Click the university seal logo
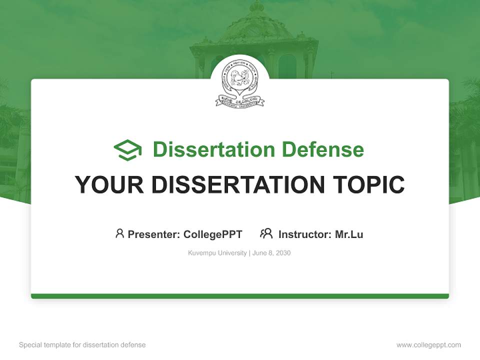click(239, 83)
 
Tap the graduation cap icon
click(127, 150)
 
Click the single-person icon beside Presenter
click(119, 233)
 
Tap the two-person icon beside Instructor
click(266, 233)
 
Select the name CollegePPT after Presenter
click(213, 234)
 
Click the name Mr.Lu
click(349, 234)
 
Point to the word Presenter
click(153, 234)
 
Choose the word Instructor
click(304, 234)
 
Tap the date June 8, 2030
click(271, 253)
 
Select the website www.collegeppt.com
click(428, 345)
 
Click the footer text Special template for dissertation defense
click(82, 345)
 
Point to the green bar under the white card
click(240, 296)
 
